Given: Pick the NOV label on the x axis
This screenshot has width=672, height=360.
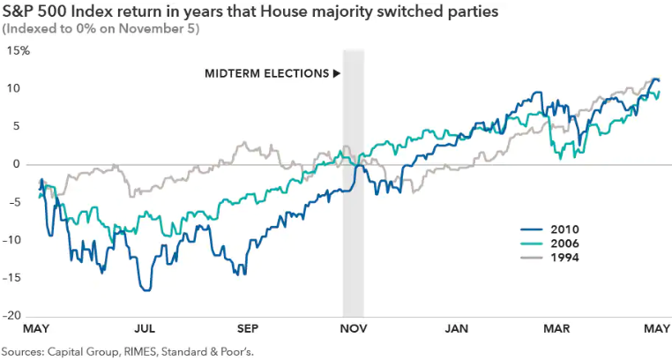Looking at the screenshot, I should pyautogui.click(x=353, y=328).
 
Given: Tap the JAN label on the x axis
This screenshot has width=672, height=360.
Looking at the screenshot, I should pyautogui.click(x=457, y=328).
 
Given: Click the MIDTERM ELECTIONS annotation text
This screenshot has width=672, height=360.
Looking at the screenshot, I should pyautogui.click(x=266, y=73).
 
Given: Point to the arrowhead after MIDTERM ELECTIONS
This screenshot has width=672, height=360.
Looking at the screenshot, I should pyautogui.click(x=336, y=73).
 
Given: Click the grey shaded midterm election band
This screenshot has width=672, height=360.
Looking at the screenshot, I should pyautogui.click(x=353, y=221).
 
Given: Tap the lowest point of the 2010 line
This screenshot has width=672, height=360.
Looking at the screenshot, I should pyautogui.click(x=146, y=290).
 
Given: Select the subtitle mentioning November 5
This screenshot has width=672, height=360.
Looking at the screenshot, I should pyautogui.click(x=101, y=28).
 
